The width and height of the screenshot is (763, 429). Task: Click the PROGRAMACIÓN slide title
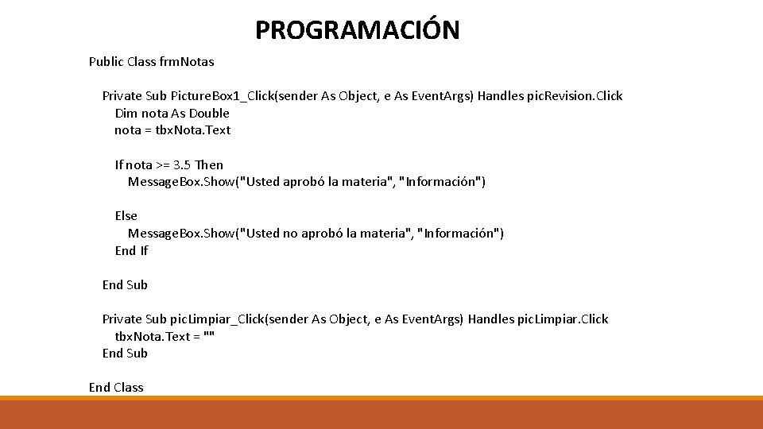357,30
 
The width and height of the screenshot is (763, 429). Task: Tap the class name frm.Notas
187,61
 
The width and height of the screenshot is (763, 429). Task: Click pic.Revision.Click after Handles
575,96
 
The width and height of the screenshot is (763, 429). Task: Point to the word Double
209,113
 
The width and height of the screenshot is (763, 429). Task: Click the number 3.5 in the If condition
182,165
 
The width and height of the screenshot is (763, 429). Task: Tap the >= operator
162,165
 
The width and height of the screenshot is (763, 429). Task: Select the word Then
209,165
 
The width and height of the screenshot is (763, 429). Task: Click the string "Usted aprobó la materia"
317,182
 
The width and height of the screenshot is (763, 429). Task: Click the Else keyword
126,216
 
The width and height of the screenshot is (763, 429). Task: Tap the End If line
131,251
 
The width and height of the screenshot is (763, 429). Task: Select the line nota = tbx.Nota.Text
172,130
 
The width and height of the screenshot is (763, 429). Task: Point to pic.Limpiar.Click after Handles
561,319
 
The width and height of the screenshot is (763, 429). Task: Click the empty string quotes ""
209,336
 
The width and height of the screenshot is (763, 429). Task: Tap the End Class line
116,388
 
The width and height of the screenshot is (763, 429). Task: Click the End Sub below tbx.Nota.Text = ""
125,354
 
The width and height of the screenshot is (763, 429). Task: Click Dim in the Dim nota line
126,113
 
